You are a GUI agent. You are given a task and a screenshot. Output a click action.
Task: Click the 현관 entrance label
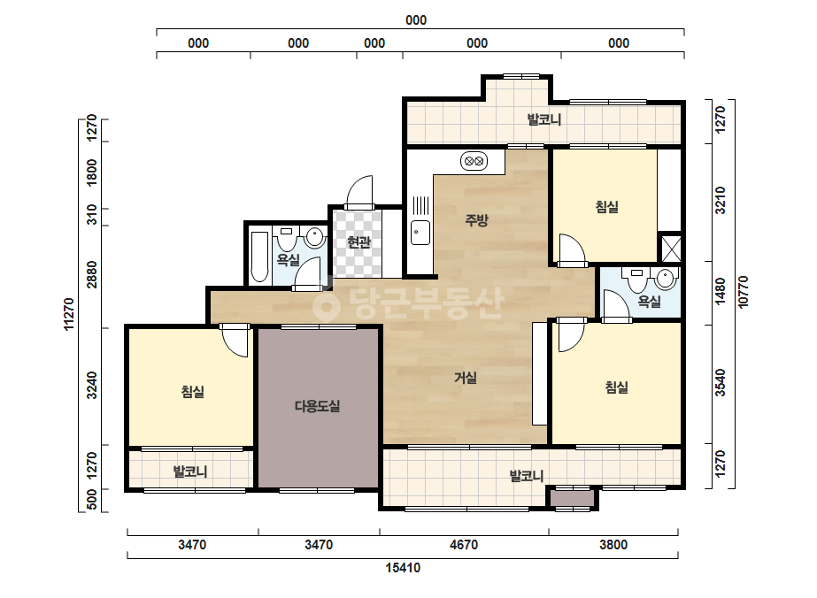[x=358, y=241]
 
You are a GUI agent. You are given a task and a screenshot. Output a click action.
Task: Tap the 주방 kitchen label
[x=476, y=219]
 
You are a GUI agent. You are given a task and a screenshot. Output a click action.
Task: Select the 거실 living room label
[x=466, y=377]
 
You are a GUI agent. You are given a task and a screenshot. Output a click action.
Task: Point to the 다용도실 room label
[x=317, y=406]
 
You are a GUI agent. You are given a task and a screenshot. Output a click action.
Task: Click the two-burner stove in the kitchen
[x=474, y=161]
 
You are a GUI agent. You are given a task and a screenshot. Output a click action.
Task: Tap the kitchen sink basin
[x=420, y=233]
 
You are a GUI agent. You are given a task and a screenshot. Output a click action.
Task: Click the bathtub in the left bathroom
[x=259, y=256]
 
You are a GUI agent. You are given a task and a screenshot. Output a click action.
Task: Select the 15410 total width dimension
[x=403, y=567]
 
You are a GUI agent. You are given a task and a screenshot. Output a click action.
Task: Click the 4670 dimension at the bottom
[x=463, y=545]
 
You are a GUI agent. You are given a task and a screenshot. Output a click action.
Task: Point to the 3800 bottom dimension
[x=613, y=545]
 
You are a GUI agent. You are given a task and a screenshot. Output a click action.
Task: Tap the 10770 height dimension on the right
[x=744, y=292]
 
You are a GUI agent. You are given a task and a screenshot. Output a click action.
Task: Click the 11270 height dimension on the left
[x=69, y=314]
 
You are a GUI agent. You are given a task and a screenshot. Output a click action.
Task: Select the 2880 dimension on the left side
[x=92, y=274]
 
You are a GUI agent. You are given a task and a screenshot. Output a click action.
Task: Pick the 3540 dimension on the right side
[x=721, y=382]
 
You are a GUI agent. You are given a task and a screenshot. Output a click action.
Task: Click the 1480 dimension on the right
[x=721, y=292]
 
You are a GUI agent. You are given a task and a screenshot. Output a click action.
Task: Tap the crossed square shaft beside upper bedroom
[x=671, y=249]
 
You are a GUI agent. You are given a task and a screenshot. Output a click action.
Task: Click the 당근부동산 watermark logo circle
[x=326, y=304]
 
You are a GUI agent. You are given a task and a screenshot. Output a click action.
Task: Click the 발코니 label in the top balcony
[x=544, y=119]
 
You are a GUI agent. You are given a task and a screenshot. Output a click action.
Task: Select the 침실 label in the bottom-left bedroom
[x=193, y=391]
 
